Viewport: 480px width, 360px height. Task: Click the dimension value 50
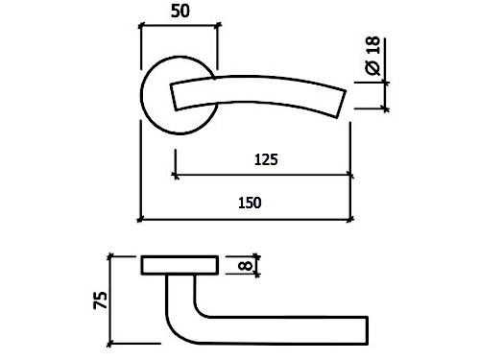[x=180, y=11]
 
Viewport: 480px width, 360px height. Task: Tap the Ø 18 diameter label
[x=372, y=56]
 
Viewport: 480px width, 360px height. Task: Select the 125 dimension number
[x=266, y=159]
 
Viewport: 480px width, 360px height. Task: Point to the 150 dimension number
[x=250, y=203]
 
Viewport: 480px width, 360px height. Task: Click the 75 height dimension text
[x=101, y=300]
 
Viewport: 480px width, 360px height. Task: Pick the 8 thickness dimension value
[x=246, y=266]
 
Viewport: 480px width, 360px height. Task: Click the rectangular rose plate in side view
[x=180, y=265]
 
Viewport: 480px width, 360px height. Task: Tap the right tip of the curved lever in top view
[x=342, y=105]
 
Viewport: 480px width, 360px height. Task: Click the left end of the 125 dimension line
[x=176, y=176]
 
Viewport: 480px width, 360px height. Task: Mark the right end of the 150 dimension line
[x=350, y=220]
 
